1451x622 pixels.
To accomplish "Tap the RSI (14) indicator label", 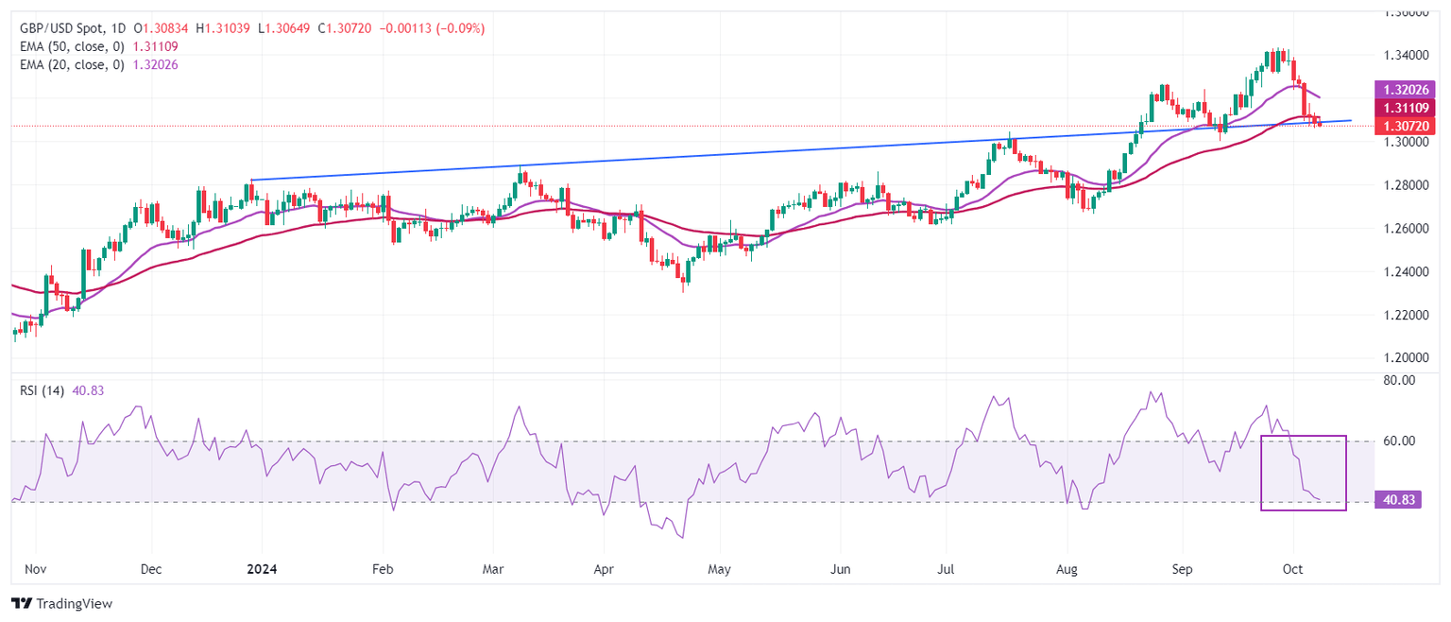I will point(42,391).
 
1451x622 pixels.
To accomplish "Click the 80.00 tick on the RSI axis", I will point(1402,380).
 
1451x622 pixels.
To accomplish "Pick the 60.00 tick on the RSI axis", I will point(1402,441).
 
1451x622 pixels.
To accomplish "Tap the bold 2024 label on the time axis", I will point(259,570).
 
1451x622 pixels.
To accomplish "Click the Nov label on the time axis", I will point(35,570).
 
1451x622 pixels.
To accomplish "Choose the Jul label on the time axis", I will point(945,570).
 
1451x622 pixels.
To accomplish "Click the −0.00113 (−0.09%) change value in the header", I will point(432,28).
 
